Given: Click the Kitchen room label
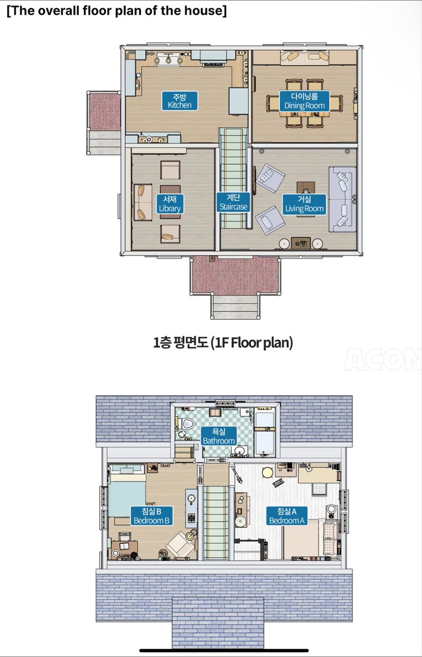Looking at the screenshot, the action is coord(179,101).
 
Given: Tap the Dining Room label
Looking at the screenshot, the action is coord(304,101).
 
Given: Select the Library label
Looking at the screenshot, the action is coord(170,204).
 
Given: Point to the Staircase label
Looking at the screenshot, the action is coord(233,202).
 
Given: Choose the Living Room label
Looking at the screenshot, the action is coord(304,204).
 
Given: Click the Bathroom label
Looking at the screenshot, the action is coord(219,436).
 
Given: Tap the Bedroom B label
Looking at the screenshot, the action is coord(151,516).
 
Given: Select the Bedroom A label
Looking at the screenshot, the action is coord(286,516).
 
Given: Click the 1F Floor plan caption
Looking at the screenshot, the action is coord(223,342).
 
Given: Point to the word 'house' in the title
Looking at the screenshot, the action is coord(206,10).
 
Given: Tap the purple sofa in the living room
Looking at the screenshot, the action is coord(342,199).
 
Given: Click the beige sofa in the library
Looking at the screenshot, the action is coord(143,203).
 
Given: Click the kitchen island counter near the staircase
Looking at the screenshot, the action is coord(238,101).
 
